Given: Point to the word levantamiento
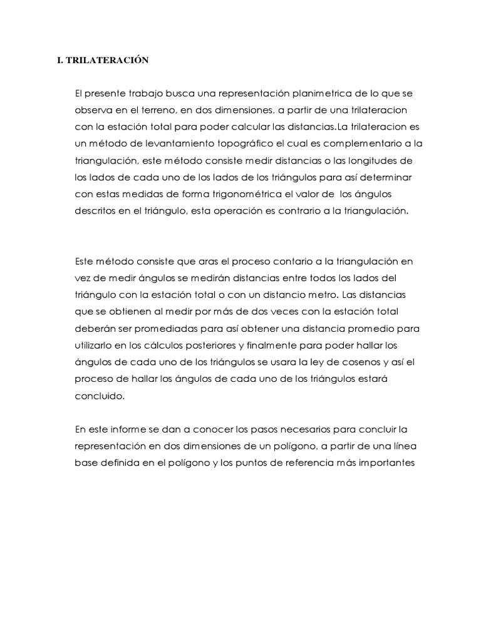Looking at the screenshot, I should tap(169, 144).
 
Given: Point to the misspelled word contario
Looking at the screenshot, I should tap(272, 260).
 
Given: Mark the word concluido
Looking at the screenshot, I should tap(100, 396).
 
